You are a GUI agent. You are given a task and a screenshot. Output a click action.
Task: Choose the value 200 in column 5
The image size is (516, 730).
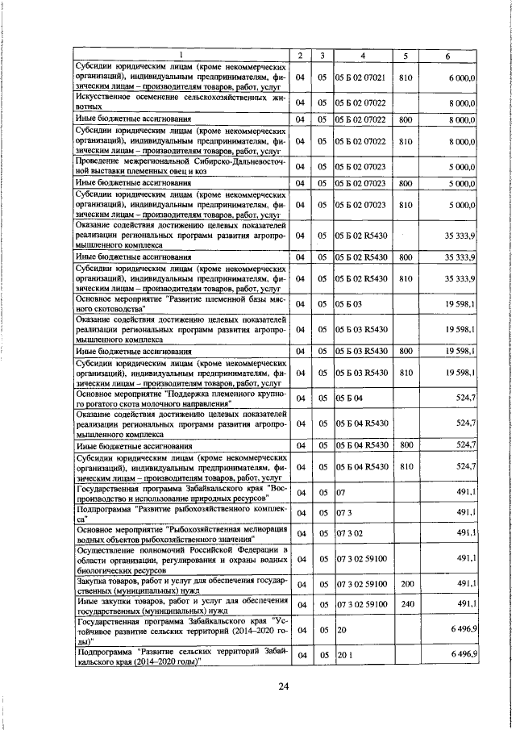(x=406, y=584)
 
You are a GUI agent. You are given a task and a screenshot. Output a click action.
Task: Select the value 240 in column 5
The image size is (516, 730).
(x=406, y=604)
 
